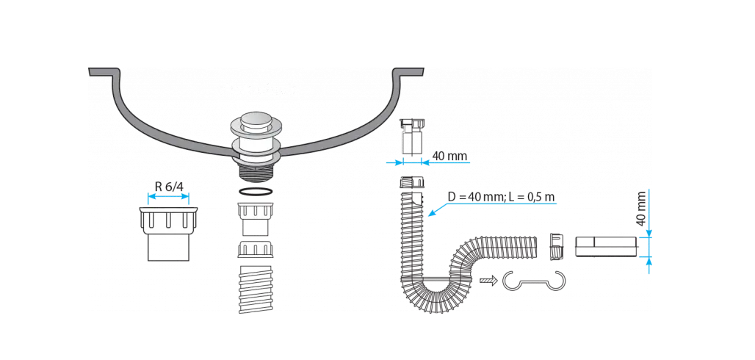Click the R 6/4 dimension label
pyautogui.click(x=169, y=187)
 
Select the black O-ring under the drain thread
pyautogui.click(x=255, y=192)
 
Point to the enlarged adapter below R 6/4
pyautogui.click(x=168, y=234)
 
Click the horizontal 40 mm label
pyautogui.click(x=449, y=156)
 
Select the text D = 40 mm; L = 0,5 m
pyautogui.click(x=501, y=197)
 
